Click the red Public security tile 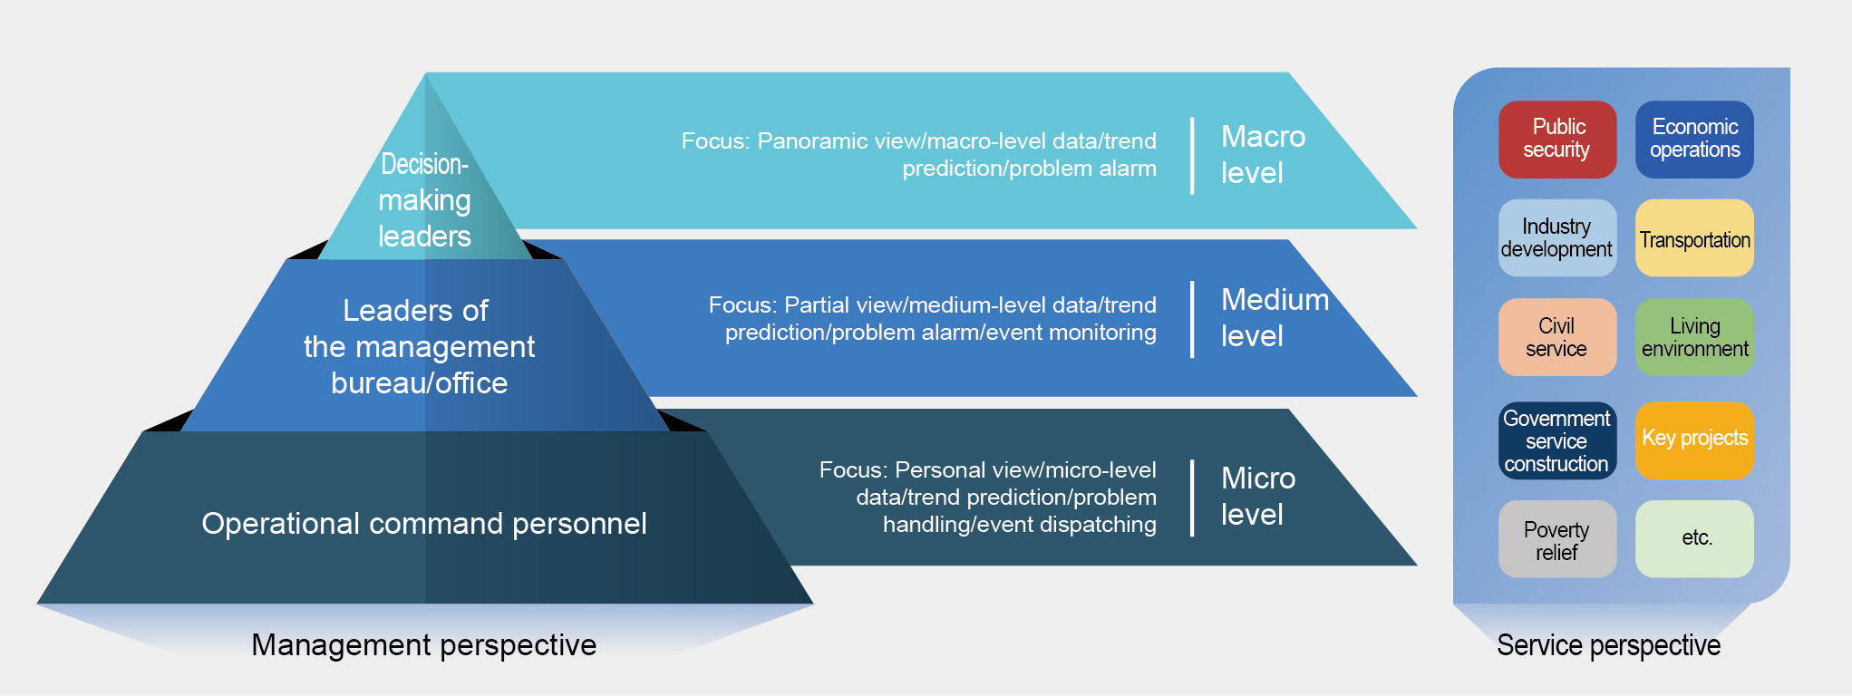coord(1556,139)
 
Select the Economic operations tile coord(1694,139)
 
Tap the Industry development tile coord(1556,237)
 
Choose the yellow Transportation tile coord(1694,237)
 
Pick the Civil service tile coord(1556,337)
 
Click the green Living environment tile coord(1694,337)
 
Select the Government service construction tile coord(1556,440)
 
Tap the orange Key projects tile coord(1694,440)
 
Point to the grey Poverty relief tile coord(1556,539)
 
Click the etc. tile coord(1694,539)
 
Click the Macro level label coord(1263,154)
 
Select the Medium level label coord(1275,317)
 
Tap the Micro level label coord(1258,496)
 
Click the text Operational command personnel coord(424,523)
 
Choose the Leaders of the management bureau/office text coord(419,346)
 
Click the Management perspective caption coord(424,644)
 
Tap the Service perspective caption coord(1608,644)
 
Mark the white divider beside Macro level coord(1192,155)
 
